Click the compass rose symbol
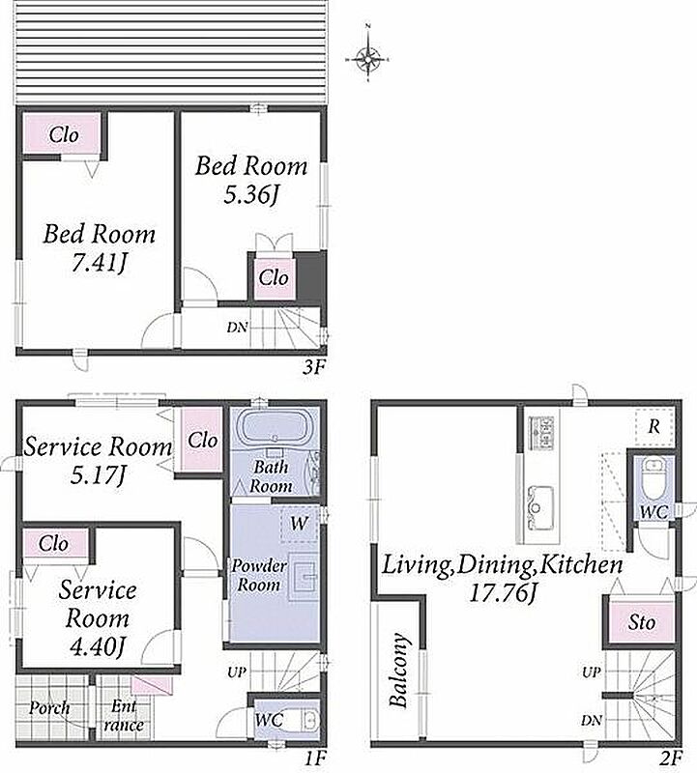[368, 59]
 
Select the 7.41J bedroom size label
[99, 265]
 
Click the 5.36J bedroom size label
[251, 195]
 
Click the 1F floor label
[314, 759]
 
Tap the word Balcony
[399, 670]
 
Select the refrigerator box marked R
[654, 426]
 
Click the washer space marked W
[299, 523]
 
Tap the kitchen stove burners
[540, 433]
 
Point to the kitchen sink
[540, 508]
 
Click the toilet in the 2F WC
[654, 476]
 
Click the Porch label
[49, 708]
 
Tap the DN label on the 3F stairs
[237, 327]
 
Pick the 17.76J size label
[502, 593]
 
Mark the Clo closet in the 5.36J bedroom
[275, 277]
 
